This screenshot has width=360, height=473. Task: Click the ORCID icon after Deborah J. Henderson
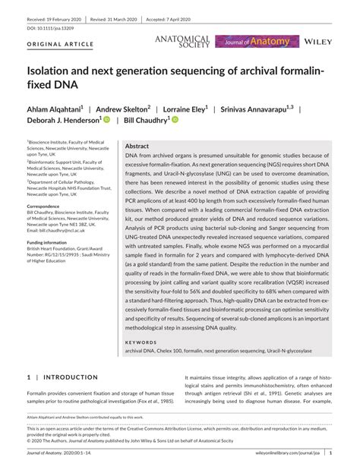coord(107,120)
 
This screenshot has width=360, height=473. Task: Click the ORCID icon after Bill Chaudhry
coord(175,120)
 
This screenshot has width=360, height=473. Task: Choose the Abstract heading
coord(137,145)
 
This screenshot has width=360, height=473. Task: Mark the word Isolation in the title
coord(52,71)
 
